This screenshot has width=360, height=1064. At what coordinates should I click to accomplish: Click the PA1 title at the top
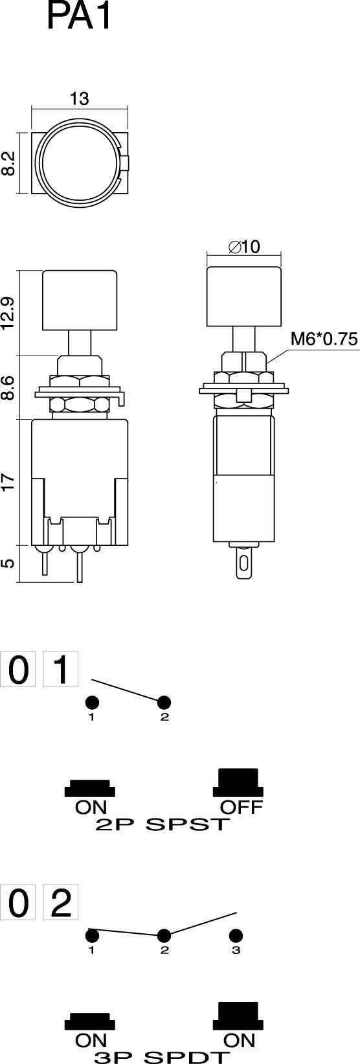click(80, 17)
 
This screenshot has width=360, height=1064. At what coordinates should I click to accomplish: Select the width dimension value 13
click(79, 98)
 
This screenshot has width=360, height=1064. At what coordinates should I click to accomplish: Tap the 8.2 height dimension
click(8, 163)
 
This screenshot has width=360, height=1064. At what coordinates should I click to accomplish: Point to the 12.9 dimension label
click(8, 313)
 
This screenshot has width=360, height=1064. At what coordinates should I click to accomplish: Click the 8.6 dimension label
click(8, 387)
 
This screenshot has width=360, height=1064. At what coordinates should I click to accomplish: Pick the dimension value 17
click(8, 482)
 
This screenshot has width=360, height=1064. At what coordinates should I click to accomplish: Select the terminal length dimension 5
click(8, 563)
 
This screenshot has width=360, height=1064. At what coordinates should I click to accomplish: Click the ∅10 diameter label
click(244, 247)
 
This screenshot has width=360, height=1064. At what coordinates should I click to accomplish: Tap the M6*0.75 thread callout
click(324, 339)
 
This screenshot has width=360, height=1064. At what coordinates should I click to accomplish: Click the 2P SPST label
click(163, 824)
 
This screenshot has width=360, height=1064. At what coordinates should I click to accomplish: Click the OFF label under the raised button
click(241, 807)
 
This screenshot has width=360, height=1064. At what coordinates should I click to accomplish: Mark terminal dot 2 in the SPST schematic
click(164, 702)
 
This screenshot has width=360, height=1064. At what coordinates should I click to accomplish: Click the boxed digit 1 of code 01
click(60, 670)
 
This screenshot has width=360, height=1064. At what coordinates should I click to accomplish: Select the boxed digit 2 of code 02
click(60, 902)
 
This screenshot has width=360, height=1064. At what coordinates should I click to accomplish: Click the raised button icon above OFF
click(238, 782)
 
